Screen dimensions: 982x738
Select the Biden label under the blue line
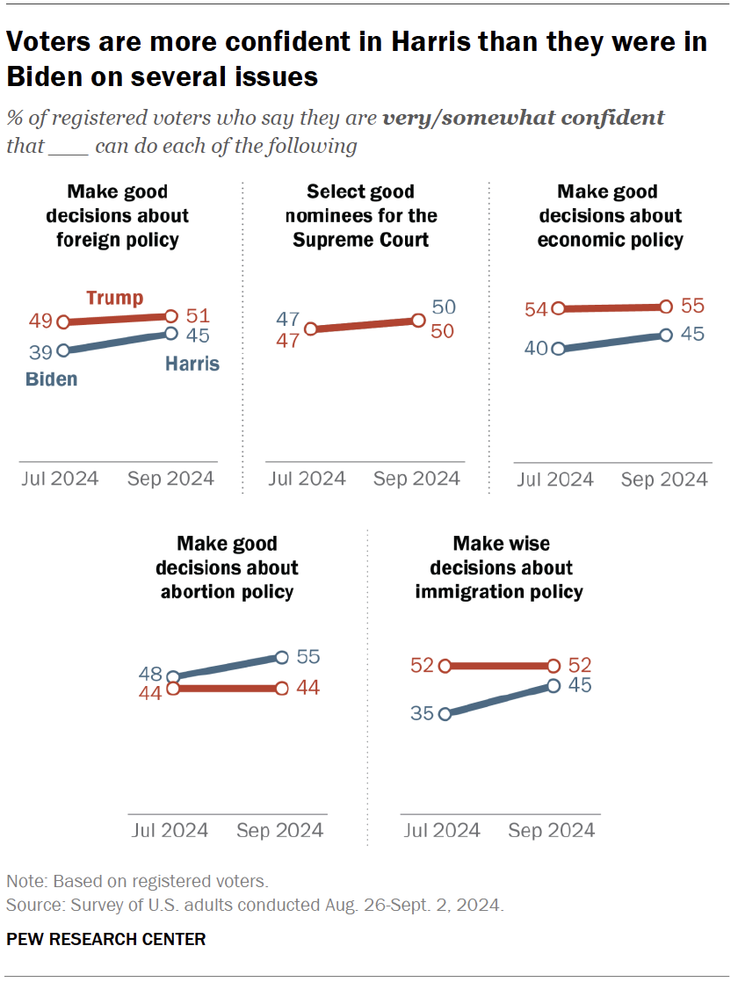51,379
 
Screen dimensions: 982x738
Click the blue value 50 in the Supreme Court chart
445,307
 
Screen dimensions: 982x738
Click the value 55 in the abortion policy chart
307,656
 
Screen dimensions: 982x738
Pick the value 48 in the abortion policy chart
151,675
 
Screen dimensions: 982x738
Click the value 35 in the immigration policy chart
422,713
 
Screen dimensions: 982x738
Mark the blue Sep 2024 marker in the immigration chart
553,685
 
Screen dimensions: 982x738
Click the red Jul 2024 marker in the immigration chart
445,666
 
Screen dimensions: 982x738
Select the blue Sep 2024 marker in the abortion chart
281,656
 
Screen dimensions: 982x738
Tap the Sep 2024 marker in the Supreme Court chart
418,321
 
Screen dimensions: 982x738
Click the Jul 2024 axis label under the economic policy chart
554,480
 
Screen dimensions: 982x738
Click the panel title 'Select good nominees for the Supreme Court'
360,215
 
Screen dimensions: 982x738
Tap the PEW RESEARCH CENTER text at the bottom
105,939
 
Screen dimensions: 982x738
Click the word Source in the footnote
28,905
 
